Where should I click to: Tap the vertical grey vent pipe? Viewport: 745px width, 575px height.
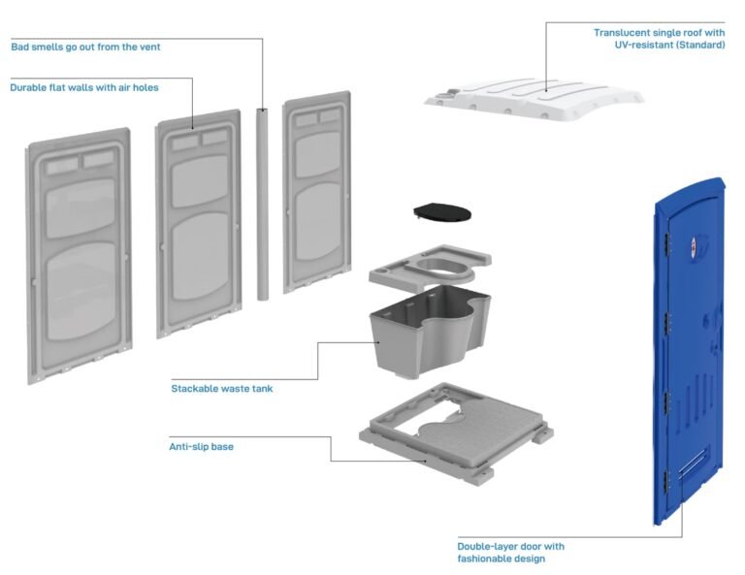[x=262, y=205]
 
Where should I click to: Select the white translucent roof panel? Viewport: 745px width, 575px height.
[x=534, y=98]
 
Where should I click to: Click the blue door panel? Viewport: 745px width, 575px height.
[x=689, y=351]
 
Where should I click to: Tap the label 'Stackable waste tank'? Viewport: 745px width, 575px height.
[x=222, y=389]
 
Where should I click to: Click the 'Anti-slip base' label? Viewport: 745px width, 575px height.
[x=201, y=446]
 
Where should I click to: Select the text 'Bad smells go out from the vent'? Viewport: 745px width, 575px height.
[x=85, y=47]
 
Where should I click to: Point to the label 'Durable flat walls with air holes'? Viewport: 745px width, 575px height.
[x=84, y=87]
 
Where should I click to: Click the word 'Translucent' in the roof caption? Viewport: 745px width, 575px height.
[x=622, y=33]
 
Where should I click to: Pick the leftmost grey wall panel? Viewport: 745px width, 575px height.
[x=79, y=255]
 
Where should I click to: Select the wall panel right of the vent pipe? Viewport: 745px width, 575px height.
[x=317, y=192]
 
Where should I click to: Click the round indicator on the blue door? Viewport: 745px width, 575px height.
[x=694, y=243]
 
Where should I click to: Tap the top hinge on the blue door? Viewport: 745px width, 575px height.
[x=667, y=242]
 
